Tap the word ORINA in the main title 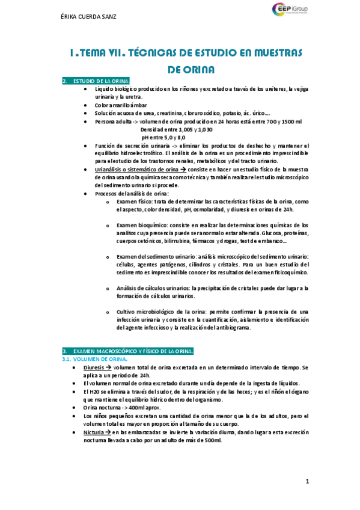(x=191, y=70)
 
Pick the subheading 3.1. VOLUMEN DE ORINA (x=94, y=359)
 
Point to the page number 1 (x=307, y=481)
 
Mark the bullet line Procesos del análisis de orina (x=132, y=193)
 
